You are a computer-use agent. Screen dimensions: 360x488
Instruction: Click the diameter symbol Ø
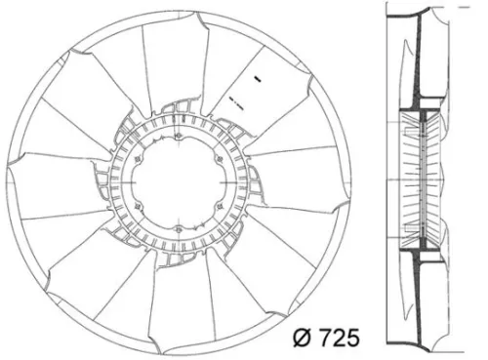(x=304, y=339)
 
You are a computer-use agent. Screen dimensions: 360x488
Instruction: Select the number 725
(x=339, y=339)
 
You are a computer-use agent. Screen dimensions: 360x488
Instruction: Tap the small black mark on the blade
(x=256, y=76)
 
